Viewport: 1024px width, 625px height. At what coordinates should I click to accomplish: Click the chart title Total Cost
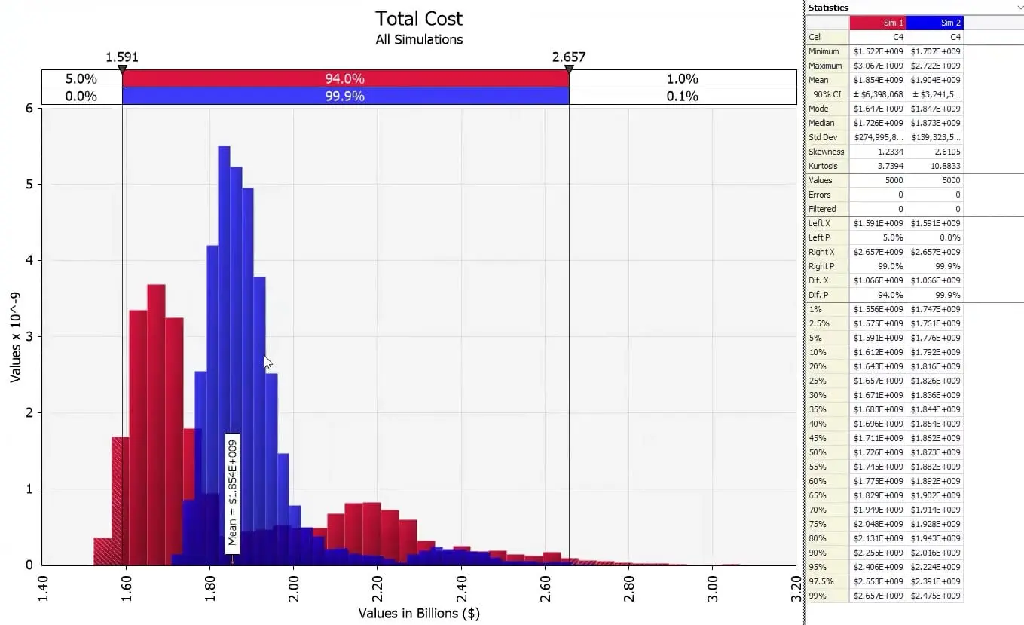pyautogui.click(x=419, y=19)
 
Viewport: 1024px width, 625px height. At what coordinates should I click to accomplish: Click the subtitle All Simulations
pyautogui.click(x=419, y=39)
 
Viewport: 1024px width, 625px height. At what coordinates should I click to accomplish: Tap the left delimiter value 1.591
pyautogui.click(x=122, y=57)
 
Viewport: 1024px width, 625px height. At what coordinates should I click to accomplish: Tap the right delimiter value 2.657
pyautogui.click(x=568, y=57)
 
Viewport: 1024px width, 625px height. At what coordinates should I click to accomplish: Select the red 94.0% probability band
pyautogui.click(x=345, y=78)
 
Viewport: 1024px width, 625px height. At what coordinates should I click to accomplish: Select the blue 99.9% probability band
pyautogui.click(x=345, y=96)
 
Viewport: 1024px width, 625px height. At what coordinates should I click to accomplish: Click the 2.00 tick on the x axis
pyautogui.click(x=294, y=587)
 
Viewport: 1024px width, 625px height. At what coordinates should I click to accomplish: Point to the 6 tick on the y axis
pyautogui.click(x=29, y=108)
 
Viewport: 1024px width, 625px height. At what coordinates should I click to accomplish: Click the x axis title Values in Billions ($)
pyautogui.click(x=419, y=613)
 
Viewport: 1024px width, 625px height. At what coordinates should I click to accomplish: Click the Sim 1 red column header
pyautogui.click(x=878, y=23)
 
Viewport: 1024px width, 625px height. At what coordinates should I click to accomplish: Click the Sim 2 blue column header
pyautogui.click(x=934, y=23)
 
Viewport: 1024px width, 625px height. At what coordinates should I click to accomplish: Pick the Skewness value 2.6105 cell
pyautogui.click(x=934, y=152)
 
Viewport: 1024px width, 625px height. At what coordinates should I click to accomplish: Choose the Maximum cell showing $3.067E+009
pyautogui.click(x=878, y=66)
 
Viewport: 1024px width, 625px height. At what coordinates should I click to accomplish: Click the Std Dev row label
pyautogui.click(x=823, y=137)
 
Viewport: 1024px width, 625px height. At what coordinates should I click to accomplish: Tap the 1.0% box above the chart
pyautogui.click(x=682, y=78)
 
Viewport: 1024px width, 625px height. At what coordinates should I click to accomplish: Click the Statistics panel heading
pyautogui.click(x=828, y=8)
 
